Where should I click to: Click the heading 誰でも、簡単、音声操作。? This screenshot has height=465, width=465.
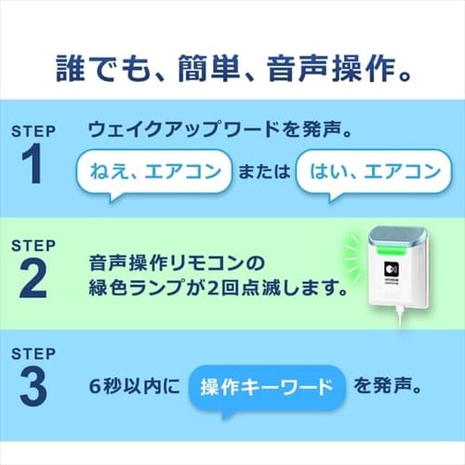[232, 68]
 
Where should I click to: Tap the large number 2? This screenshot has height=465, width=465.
[32, 276]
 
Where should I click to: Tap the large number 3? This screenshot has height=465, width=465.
[32, 387]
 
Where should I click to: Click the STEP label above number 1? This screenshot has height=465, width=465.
[32, 131]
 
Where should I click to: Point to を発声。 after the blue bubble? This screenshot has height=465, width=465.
[392, 384]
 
